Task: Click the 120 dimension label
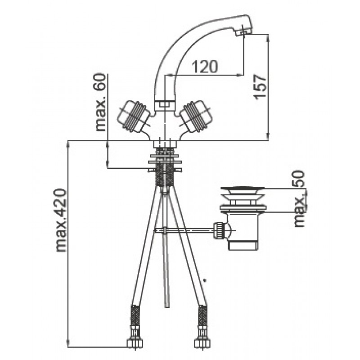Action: click(204, 67)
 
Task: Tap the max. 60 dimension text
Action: click(101, 102)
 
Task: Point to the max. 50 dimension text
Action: click(300, 199)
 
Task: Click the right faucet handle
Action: click(196, 116)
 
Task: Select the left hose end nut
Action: click(135, 343)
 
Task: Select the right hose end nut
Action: click(202, 343)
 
